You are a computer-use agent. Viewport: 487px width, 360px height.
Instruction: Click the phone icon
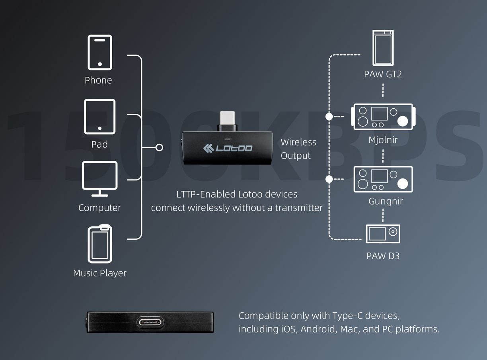tap(99, 53)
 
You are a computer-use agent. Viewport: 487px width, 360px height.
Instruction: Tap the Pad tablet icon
tap(99, 117)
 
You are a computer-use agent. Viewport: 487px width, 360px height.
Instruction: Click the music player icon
tap(100, 244)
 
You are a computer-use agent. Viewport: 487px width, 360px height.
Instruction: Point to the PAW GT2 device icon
tap(383, 48)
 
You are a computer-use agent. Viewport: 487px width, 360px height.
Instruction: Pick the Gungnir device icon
tap(383, 179)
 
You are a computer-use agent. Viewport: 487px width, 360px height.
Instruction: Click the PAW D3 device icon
tap(383, 234)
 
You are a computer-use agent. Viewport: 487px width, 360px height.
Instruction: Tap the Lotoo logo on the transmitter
tap(228, 149)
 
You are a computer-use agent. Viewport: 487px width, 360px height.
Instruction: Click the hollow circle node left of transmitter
tap(159, 148)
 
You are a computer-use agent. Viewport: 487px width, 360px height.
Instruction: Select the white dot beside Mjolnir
tap(329, 117)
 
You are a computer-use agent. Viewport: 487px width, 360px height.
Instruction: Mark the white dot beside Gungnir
tap(329, 179)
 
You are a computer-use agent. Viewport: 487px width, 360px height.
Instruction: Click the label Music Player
tap(100, 273)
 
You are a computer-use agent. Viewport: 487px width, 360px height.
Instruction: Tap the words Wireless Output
tap(298, 149)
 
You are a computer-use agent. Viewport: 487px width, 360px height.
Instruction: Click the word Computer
tap(99, 207)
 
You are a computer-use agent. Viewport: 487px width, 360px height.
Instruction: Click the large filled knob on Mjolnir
tap(403, 121)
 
